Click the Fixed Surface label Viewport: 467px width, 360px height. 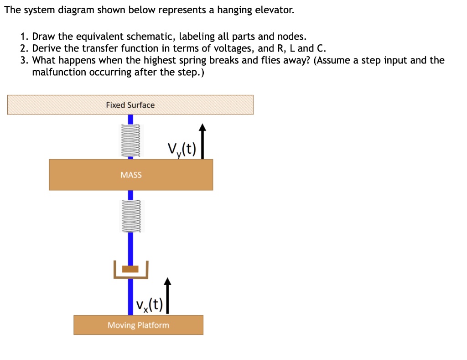(x=130, y=105)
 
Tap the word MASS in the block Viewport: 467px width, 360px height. (x=131, y=175)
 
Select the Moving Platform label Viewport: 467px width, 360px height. (x=138, y=325)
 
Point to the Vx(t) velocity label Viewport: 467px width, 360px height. (x=149, y=303)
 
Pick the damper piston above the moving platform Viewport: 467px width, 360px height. (x=130, y=269)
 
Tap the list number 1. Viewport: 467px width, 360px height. (x=24, y=37)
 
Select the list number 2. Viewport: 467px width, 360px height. (x=24, y=48)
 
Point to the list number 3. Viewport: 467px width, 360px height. (x=24, y=60)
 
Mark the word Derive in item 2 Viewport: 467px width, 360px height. (x=46, y=48)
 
